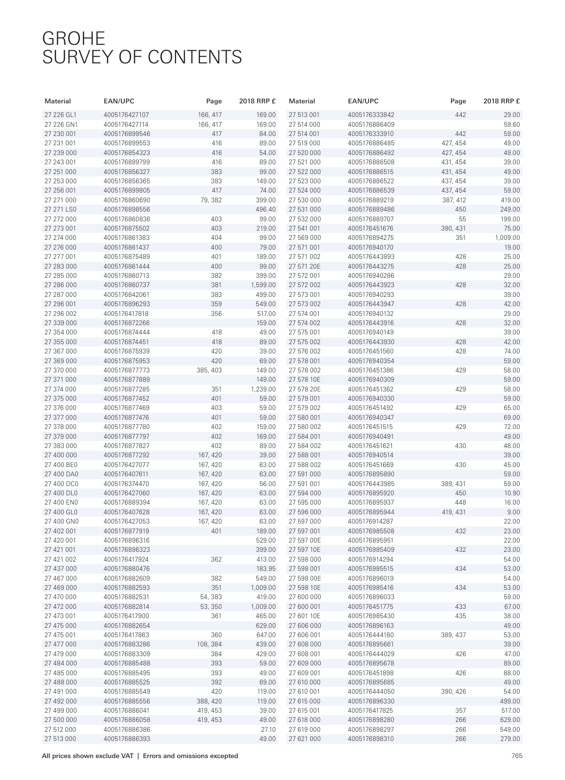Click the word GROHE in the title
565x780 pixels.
(74, 38)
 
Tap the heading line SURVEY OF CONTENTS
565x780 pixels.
(142, 57)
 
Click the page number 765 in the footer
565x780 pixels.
(517, 756)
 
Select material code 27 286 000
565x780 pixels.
(60, 285)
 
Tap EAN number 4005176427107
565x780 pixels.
(126, 115)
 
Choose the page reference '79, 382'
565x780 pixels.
(211, 200)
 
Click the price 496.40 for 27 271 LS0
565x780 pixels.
(266, 210)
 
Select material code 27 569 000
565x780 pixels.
(305, 238)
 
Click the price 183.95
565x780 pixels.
(266, 569)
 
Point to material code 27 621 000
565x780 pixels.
(305, 739)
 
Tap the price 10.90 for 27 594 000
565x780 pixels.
(512, 493)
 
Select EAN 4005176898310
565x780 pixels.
(370, 739)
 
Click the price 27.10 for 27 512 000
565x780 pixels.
(268, 730)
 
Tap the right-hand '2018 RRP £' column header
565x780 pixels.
(502, 101)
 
